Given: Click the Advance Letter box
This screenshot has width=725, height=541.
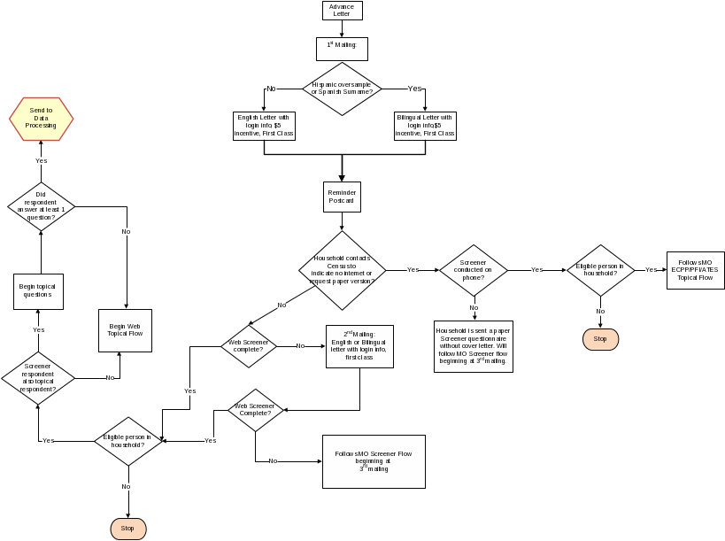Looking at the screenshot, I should (342, 11).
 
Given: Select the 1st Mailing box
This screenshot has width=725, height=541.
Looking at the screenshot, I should (342, 48).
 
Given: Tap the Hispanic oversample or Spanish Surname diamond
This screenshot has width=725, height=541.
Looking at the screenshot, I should (342, 89).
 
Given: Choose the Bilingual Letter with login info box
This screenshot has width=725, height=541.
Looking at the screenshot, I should (425, 126).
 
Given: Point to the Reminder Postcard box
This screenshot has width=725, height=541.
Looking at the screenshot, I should (342, 197).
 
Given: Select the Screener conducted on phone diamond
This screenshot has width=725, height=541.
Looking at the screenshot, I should (474, 270).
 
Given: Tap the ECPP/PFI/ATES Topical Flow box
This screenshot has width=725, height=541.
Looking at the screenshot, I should (695, 270).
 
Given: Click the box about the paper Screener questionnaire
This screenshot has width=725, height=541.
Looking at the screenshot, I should (474, 346).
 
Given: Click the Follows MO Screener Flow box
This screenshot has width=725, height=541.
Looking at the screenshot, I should (373, 460).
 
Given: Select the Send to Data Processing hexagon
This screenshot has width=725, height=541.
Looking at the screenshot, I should (42, 120).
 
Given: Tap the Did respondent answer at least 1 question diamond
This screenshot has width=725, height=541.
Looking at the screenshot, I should (41, 206).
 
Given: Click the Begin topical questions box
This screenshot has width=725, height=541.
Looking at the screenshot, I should (38, 291).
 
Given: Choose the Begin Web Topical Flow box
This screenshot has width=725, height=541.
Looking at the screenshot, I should (125, 329).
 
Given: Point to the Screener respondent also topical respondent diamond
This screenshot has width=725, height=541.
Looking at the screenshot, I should (38, 377).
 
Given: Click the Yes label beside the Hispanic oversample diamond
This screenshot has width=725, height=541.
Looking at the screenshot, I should (414, 89).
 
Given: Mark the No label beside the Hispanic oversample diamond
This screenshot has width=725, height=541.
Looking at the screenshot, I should (271, 89).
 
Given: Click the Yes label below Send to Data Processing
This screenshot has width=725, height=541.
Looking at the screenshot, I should (41, 160).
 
